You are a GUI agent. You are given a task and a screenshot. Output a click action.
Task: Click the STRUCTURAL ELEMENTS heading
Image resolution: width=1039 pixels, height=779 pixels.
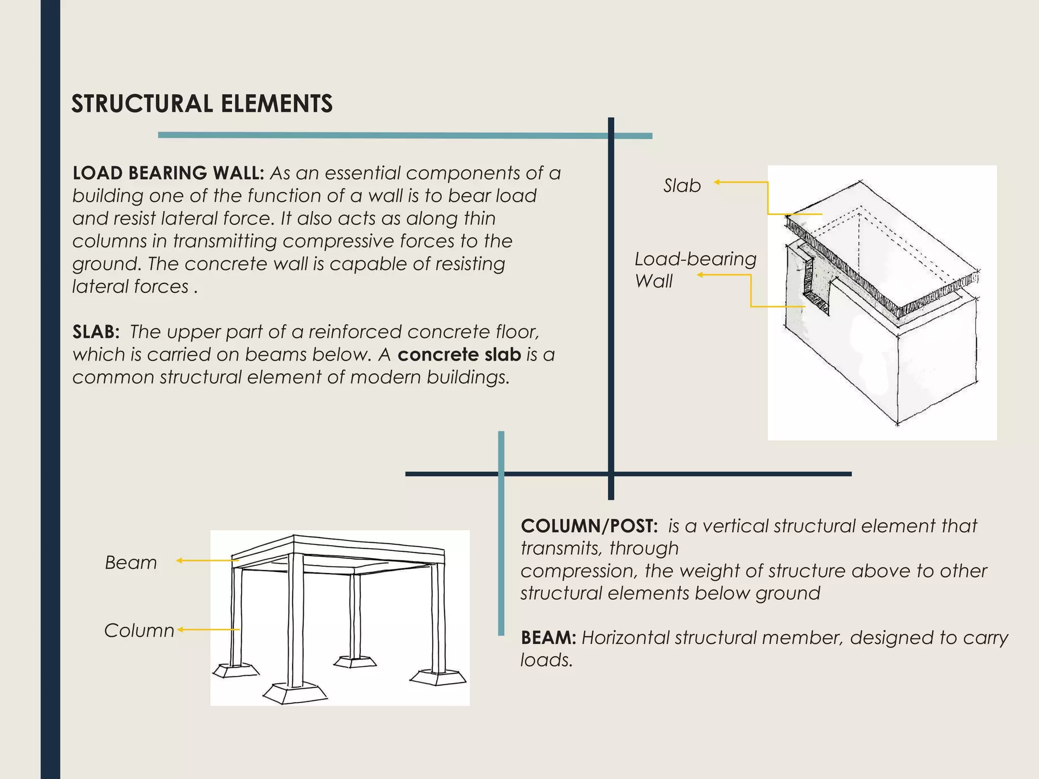(202, 103)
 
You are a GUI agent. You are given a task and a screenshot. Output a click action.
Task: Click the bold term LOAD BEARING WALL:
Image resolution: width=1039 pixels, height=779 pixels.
(168, 173)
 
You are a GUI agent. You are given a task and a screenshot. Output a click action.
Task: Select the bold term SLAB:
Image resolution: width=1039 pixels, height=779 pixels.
(96, 332)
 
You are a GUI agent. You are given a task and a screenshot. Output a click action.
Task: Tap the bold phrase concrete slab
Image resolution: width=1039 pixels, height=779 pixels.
(459, 355)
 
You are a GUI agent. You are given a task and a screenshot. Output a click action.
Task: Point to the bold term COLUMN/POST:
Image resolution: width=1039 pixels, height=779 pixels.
(589, 526)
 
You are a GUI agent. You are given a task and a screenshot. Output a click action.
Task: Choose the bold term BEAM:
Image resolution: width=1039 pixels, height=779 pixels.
(548, 638)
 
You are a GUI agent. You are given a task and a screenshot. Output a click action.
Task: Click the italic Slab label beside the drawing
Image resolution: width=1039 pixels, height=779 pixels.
(682, 186)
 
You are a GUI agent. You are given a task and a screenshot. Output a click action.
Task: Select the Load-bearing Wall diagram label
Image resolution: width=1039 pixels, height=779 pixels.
(695, 270)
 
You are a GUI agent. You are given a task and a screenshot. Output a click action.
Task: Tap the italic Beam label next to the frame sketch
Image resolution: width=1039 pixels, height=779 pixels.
(131, 563)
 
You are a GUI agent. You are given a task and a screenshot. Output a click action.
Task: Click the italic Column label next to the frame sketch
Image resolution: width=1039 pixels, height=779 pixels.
(139, 630)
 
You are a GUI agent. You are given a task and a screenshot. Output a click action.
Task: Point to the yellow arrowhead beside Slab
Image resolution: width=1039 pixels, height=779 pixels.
(717, 182)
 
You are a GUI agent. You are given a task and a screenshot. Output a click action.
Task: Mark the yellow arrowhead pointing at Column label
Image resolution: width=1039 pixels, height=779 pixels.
(180, 630)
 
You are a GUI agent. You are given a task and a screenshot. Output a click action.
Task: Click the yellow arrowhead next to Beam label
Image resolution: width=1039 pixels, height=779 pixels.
(179, 560)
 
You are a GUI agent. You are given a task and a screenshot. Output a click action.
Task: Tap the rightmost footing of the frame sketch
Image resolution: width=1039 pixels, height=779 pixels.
(438, 677)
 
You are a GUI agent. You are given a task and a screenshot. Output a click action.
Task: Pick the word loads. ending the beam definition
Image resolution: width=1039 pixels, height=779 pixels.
(546, 660)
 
